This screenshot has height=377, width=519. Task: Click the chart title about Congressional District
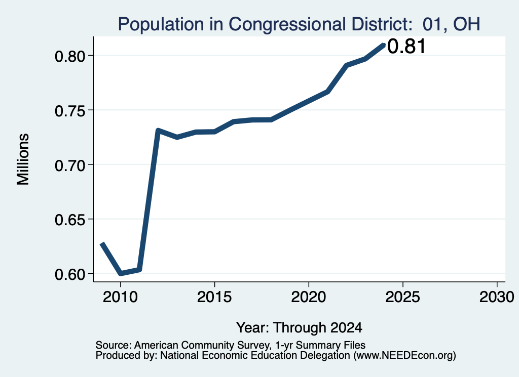pos(299,24)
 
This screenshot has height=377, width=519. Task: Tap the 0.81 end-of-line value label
pos(406,46)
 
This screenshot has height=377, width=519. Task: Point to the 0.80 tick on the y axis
pos(70,56)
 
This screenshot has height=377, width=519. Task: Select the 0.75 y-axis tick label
pos(70,111)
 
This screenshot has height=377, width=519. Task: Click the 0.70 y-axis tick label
pos(70,165)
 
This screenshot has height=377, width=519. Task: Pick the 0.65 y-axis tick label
pos(70,220)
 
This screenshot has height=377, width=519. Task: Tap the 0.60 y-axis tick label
pos(70,274)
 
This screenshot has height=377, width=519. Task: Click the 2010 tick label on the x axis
pos(120,297)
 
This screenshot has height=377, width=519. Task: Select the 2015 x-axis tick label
pos(214,297)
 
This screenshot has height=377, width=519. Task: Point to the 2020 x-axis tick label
pos(309,297)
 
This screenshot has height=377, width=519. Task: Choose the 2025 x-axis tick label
pos(403,297)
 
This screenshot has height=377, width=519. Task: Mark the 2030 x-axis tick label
pos(497,297)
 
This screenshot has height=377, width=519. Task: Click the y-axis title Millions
pos(23,159)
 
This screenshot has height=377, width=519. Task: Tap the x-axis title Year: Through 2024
pos(299,328)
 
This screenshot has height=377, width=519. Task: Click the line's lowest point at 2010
pos(121,273)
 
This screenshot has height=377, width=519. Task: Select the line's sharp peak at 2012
pos(158,131)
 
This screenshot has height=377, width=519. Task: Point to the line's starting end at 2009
pos(102,243)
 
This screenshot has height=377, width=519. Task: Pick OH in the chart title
pos(466,24)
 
